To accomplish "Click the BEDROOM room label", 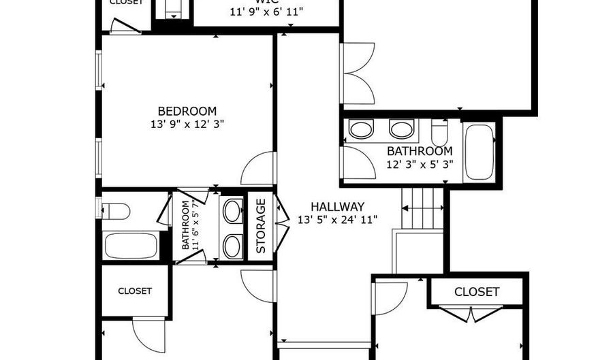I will pos(187,111).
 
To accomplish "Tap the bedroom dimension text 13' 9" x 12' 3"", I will pos(187,125).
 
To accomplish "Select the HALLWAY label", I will pos(337,206).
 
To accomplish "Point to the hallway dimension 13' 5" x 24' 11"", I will pos(337,220).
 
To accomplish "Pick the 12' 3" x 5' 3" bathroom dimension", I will pos(418,165).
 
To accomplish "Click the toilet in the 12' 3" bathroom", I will pos(439,129).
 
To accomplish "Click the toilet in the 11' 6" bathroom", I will pos(116,211).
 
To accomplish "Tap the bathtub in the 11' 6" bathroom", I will pos(131,245).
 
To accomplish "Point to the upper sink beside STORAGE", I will pos(233,211).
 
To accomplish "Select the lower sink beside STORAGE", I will pos(233,245).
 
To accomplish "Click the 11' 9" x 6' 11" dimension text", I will pos(266,12).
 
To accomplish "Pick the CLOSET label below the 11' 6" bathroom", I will pos(135,291).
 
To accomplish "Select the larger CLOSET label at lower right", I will pos(477,292).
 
